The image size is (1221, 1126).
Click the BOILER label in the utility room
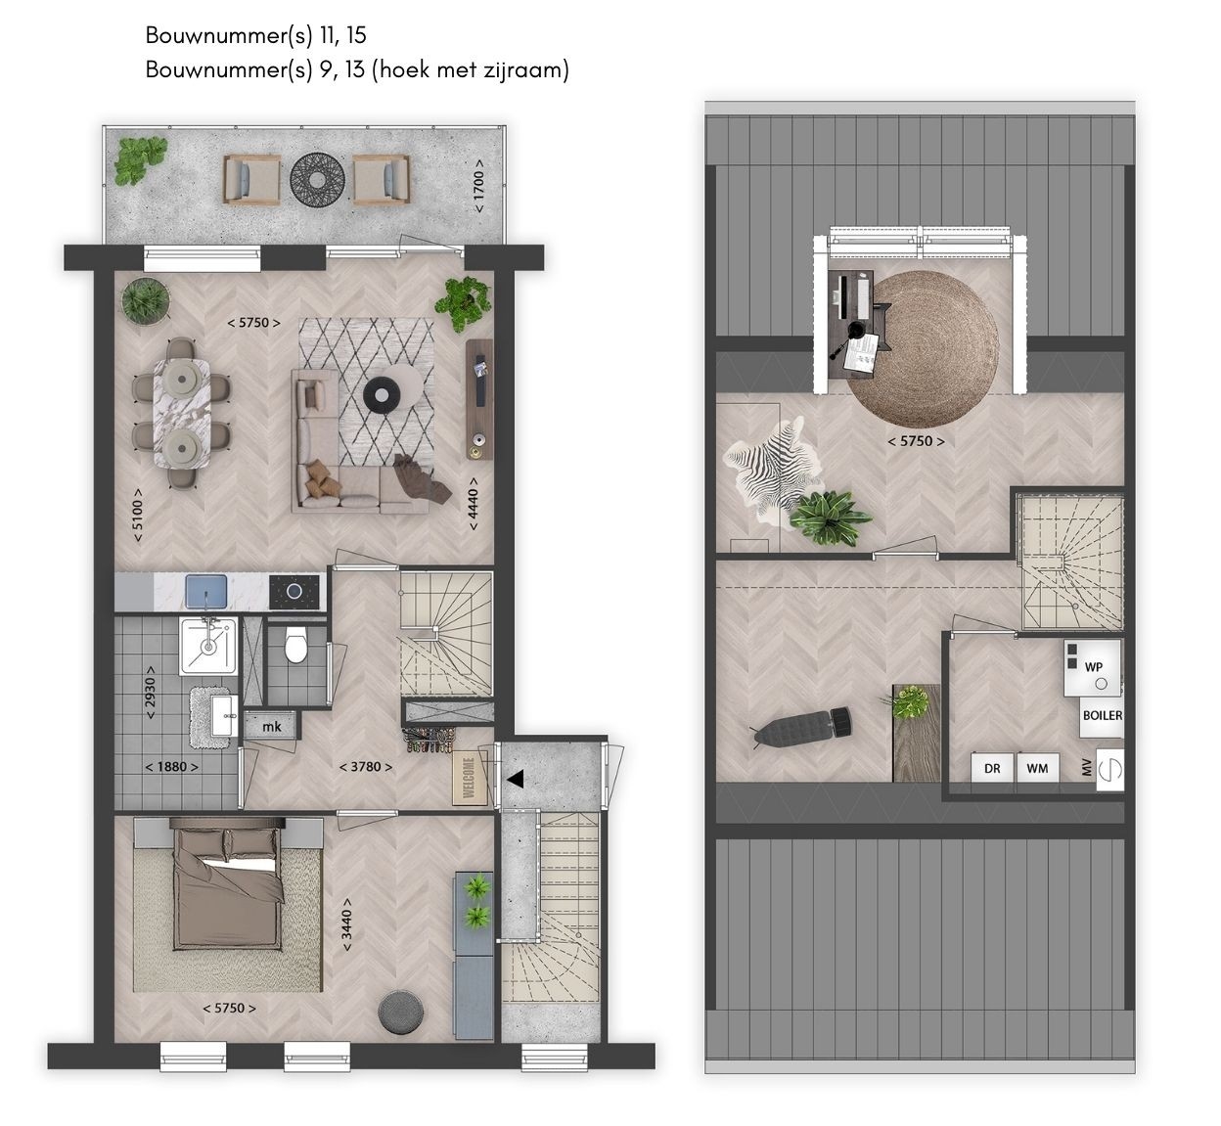tap(1103, 715)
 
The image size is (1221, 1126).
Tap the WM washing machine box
tap(1037, 768)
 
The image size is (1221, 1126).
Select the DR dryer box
tap(992, 768)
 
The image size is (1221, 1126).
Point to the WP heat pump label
tap(1094, 666)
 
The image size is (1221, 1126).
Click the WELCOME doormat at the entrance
tap(469, 778)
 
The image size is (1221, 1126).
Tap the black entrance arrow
tap(516, 779)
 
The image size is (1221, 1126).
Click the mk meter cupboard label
tap(272, 726)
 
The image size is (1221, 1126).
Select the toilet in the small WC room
tap(295, 644)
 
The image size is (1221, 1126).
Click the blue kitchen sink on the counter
tap(206, 591)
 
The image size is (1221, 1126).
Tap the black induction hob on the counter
tap(294, 592)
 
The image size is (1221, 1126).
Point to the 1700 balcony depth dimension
tap(478, 186)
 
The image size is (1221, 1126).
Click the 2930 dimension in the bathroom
tap(150, 693)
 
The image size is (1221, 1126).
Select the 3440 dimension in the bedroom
tap(347, 924)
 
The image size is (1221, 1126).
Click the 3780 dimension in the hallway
tap(366, 767)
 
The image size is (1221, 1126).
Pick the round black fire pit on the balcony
tap(317, 179)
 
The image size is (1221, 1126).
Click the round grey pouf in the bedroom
tap(400, 1012)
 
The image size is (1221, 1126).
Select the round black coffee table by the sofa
tap(382, 394)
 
